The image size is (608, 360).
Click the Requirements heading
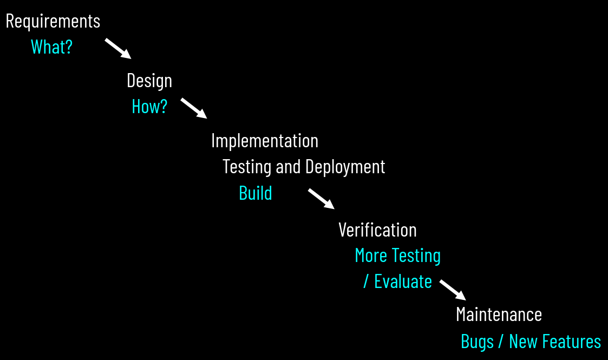pyautogui.click(x=53, y=21)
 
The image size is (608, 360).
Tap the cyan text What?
pyautogui.click(x=51, y=47)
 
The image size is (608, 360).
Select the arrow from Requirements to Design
pyautogui.click(x=117, y=48)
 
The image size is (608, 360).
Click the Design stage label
pyautogui.click(x=149, y=81)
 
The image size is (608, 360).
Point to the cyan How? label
pyautogui.click(x=149, y=107)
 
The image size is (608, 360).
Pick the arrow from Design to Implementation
pyautogui.click(x=193, y=108)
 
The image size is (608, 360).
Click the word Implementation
pyautogui.click(x=265, y=141)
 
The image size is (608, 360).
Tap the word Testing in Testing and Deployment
pyautogui.click(x=247, y=167)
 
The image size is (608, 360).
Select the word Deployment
pyautogui.click(x=345, y=167)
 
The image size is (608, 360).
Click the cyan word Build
pyautogui.click(x=256, y=193)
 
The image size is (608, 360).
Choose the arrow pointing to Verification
pyautogui.click(x=321, y=198)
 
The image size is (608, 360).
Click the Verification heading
pyautogui.click(x=377, y=230)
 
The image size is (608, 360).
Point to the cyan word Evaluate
pyautogui.click(x=403, y=282)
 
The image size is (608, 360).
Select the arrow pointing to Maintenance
pyautogui.click(x=453, y=290)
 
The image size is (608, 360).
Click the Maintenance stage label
pyautogui.click(x=499, y=315)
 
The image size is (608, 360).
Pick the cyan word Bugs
pyautogui.click(x=477, y=342)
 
